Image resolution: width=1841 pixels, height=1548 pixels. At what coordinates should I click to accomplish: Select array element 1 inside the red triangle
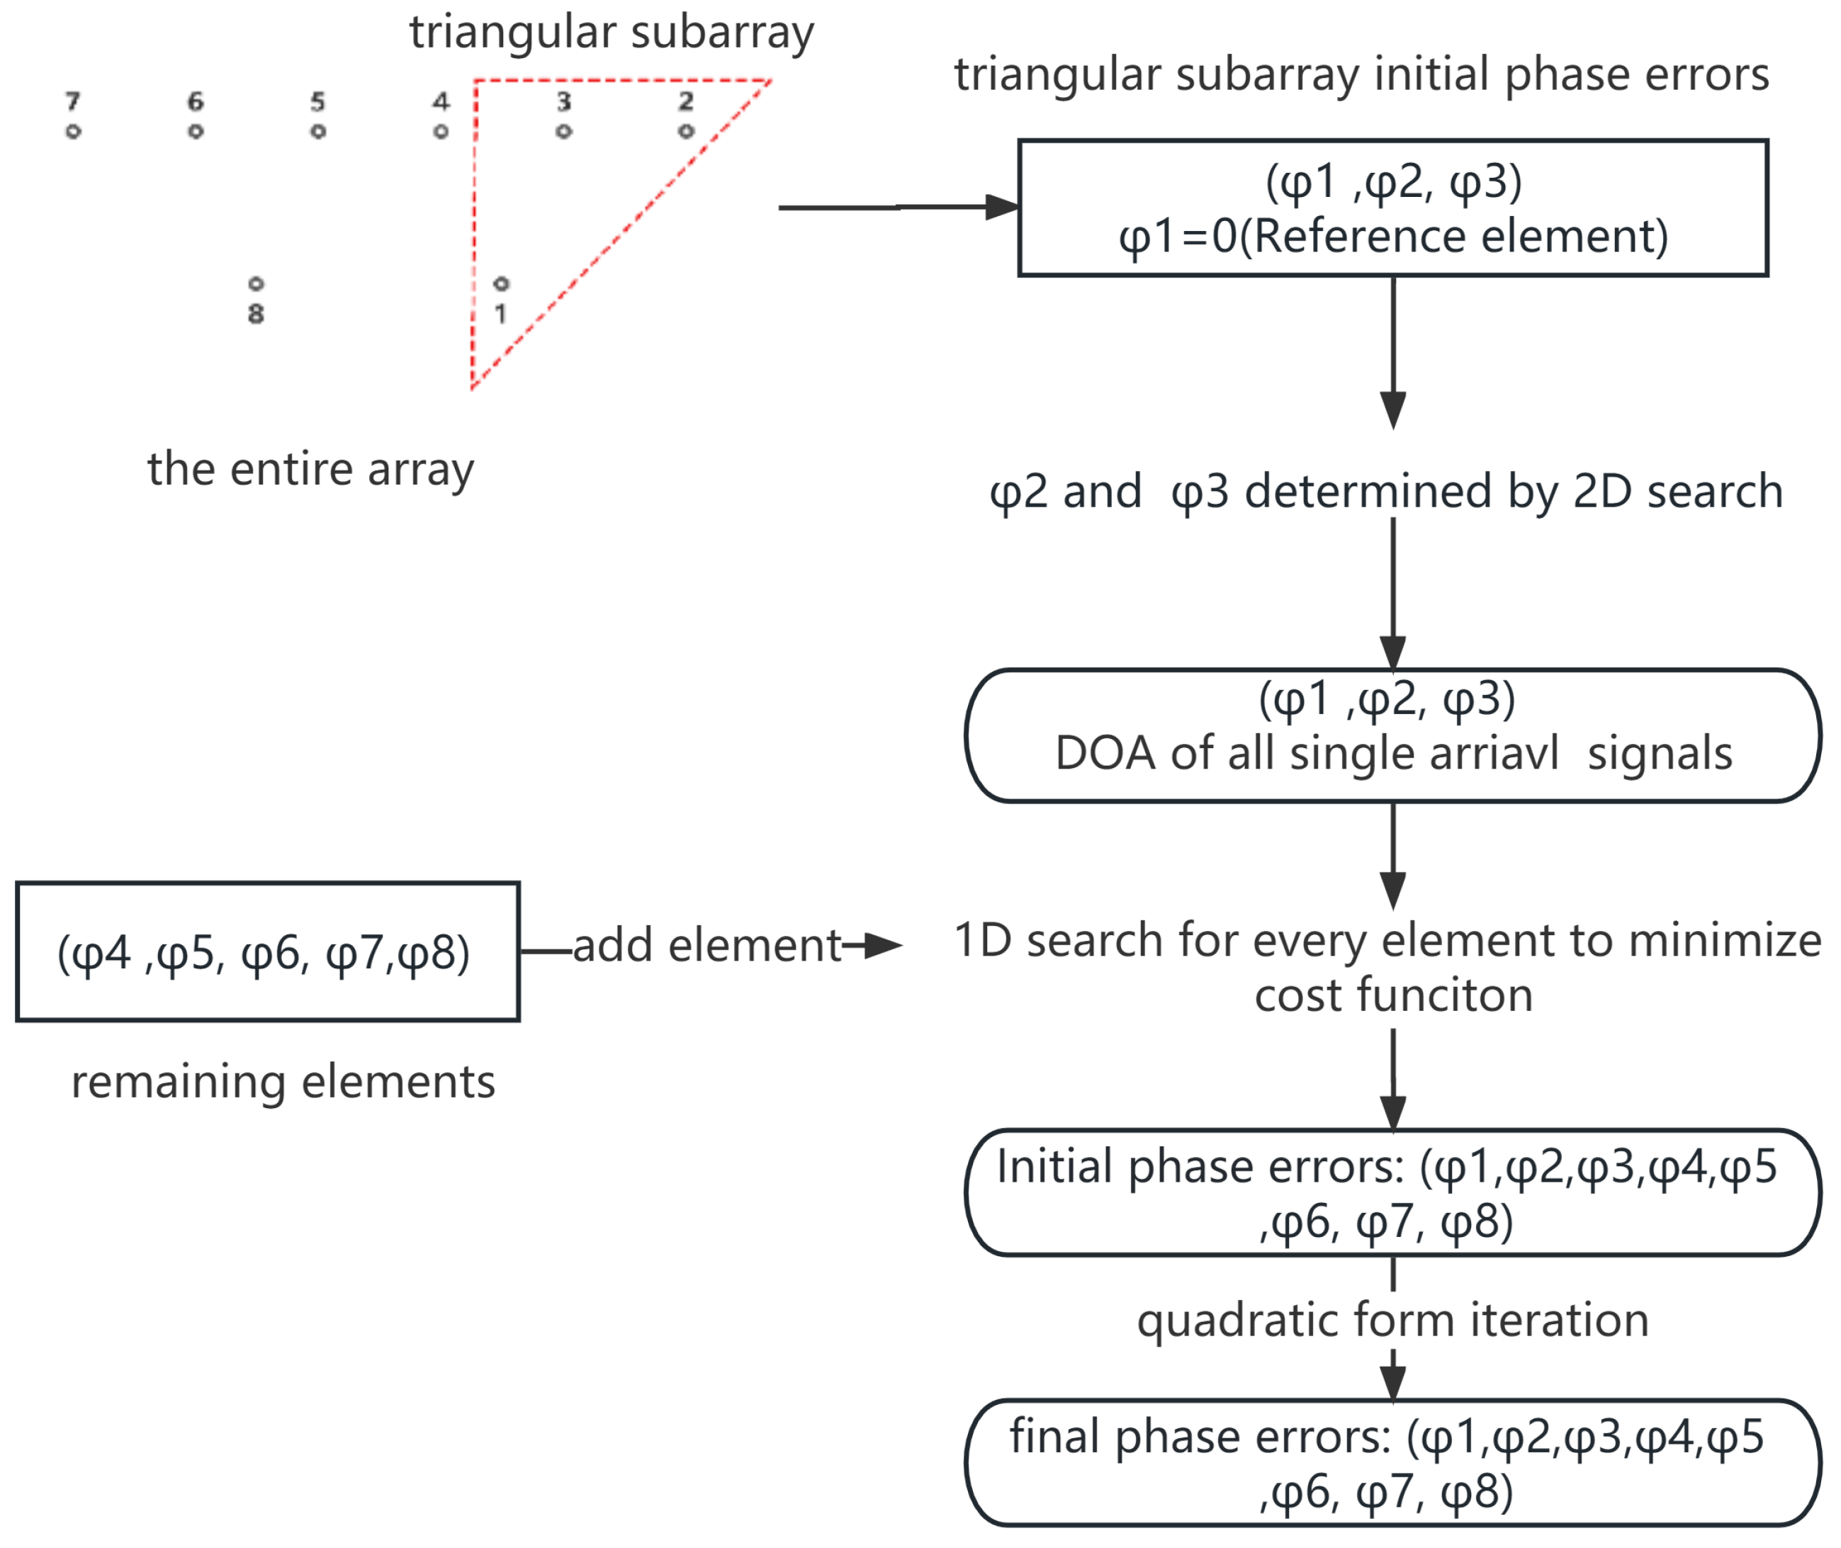coord(501,284)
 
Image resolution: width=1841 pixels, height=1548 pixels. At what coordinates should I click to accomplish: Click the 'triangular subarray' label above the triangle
coord(612,33)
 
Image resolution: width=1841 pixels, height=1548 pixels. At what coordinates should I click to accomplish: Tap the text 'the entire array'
coord(310,470)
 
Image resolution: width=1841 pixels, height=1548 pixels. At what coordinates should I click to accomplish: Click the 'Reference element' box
coord(1392,208)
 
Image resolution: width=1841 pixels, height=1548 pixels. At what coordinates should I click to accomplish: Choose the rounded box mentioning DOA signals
coord(1392,735)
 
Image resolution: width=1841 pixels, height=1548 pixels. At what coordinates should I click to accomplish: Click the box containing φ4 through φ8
coord(268,952)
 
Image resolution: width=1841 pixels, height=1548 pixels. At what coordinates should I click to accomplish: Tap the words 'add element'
coord(707,946)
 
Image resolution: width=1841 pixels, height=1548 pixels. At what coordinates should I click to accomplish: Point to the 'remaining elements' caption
coord(283,1082)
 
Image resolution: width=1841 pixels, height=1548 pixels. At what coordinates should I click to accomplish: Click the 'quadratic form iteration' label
coord(1392,1320)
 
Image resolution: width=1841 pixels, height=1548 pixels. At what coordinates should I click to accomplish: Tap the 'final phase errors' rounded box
coord(1392,1463)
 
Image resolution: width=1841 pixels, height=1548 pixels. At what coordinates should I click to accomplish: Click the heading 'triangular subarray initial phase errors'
coord(1362,74)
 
